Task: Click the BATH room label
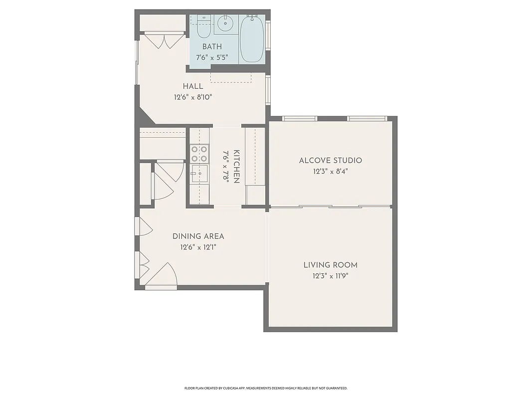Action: coord(212,47)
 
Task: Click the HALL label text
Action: coord(192,87)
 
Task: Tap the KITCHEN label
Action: coord(236,167)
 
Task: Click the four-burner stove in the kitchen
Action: coord(199,154)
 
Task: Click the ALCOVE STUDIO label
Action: coord(330,161)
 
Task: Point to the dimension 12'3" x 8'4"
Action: coord(330,172)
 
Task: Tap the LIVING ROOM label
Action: coord(330,265)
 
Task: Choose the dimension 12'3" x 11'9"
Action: coord(330,276)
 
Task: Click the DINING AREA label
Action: coord(198,236)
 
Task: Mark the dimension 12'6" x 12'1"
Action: coord(198,247)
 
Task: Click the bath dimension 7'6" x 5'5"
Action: coord(212,57)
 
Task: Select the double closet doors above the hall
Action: coord(164,41)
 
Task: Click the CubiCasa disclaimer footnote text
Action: coord(266,388)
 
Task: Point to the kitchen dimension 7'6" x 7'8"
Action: coord(225,167)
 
